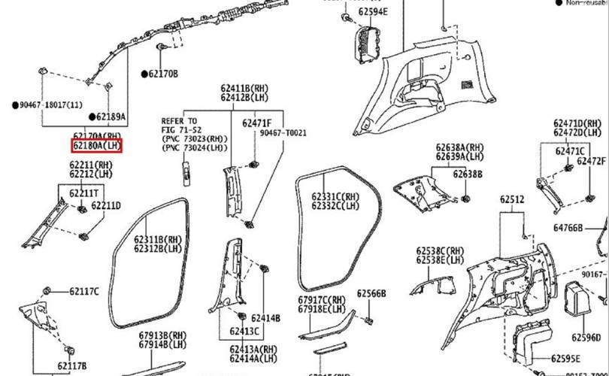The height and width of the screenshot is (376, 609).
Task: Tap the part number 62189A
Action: tap(110, 117)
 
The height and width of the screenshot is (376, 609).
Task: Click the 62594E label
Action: tap(373, 12)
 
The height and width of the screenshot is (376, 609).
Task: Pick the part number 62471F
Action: tap(256, 122)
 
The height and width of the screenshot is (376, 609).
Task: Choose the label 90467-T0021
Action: tap(283, 132)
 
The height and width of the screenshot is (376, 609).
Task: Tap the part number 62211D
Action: tap(106, 205)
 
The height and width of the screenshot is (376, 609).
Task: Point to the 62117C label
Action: tap(83, 291)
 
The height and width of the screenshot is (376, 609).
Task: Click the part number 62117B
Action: tap(71, 366)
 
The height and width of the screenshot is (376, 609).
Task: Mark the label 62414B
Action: tap(265, 318)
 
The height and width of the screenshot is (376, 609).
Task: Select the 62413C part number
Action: tap(244, 331)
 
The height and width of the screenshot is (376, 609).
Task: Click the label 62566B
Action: tap(371, 293)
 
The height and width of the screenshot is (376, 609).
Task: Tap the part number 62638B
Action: tap(468, 174)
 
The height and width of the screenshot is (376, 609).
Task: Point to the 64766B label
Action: tap(568, 226)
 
